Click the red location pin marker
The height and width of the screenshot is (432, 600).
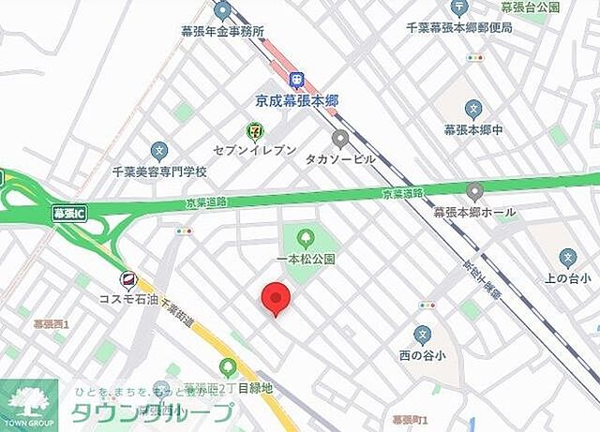275,298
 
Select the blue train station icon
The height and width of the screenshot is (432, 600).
297,81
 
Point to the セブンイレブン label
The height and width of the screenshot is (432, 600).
255,151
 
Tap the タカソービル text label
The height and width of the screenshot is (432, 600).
340,158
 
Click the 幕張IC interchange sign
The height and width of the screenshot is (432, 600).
66,213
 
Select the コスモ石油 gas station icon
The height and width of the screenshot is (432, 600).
128,279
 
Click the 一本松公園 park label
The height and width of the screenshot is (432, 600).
305,259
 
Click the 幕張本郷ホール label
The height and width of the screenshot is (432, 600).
474,212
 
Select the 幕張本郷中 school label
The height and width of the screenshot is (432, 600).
473,129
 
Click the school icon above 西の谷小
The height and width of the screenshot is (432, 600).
423,335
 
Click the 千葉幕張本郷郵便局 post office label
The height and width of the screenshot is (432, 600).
457,29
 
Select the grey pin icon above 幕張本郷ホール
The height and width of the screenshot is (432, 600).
474,192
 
